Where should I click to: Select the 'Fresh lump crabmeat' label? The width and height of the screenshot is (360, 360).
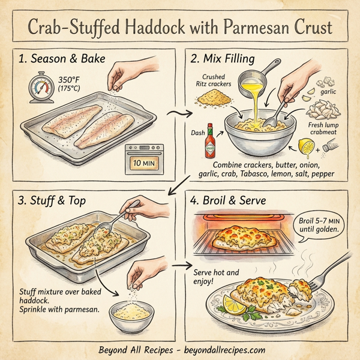[x=325, y=128]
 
